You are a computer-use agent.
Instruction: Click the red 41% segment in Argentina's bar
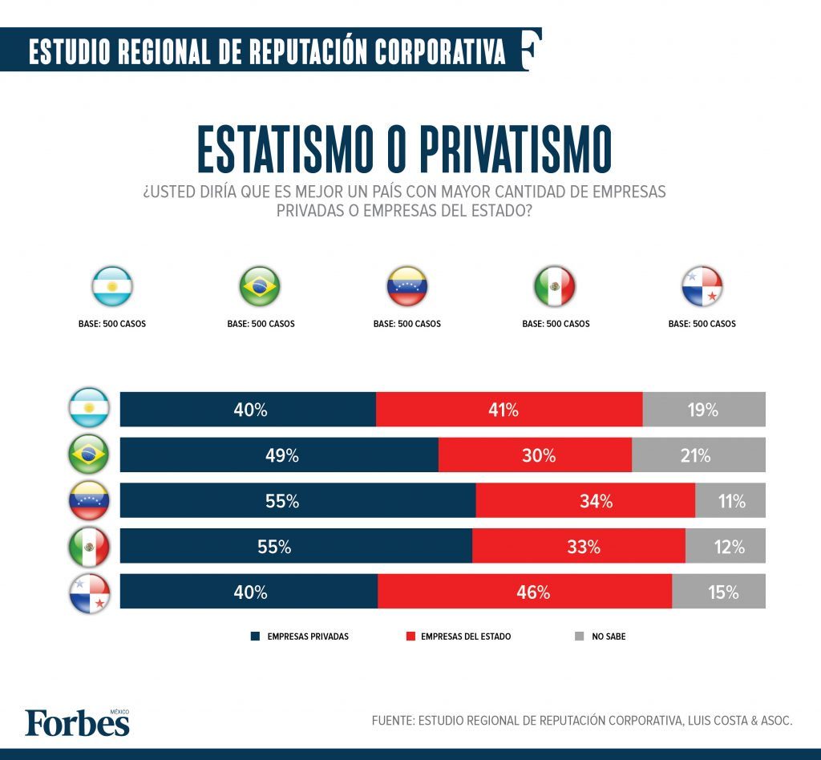point(509,410)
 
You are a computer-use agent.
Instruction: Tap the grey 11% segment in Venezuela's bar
point(730,501)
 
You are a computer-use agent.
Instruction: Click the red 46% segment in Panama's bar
point(524,592)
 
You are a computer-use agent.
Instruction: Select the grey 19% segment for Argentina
point(704,410)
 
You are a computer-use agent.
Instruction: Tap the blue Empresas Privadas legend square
point(255,637)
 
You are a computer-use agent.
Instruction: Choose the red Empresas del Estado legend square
point(410,637)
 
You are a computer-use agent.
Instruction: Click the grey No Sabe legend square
point(580,637)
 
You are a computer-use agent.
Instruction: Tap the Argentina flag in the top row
point(112,286)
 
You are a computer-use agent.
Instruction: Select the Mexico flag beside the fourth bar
point(89,548)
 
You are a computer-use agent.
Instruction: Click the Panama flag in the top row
point(702,286)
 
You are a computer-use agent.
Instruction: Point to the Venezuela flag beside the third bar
point(89,502)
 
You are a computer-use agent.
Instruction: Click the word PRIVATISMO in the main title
point(496,150)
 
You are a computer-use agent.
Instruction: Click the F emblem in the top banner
point(530,50)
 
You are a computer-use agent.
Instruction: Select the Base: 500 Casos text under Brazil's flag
point(261,325)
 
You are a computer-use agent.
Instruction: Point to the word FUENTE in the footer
point(391,721)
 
